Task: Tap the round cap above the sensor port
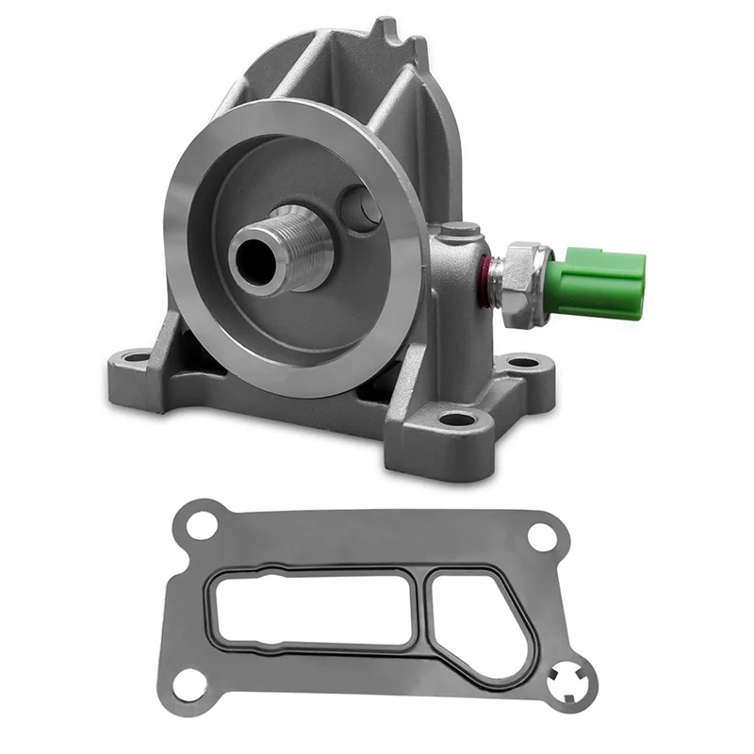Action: [460, 229]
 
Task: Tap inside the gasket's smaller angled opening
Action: [470, 613]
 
